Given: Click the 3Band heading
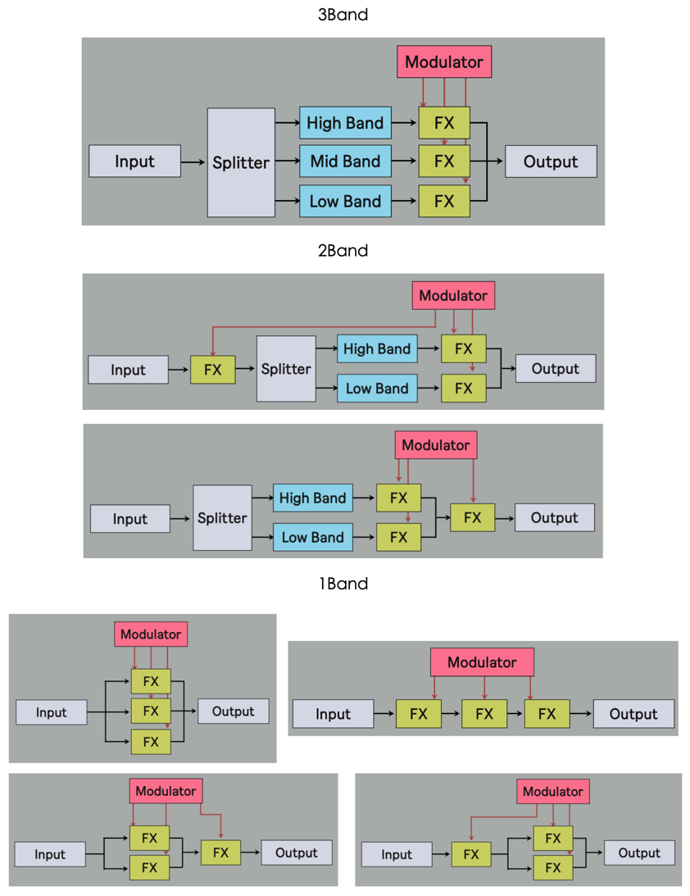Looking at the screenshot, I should point(343,14).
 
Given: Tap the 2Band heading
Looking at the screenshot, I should point(343,250).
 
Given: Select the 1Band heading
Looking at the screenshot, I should point(343,584).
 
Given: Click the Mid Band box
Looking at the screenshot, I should point(345,161).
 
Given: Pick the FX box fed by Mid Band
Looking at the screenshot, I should point(444,161).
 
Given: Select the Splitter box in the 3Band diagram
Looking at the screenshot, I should point(241,162).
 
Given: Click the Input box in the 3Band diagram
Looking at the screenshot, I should point(134,161).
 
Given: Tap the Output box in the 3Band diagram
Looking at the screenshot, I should point(550,161).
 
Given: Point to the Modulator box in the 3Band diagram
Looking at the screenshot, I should point(444,61).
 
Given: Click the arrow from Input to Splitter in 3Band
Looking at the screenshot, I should point(193,162).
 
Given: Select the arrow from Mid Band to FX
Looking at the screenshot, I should point(405,161).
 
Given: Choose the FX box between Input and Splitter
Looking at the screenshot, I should point(212,370).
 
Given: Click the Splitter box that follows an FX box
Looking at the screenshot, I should point(286,369).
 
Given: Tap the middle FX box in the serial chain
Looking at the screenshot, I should point(484,714).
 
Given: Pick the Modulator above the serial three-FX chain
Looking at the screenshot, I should point(482,662).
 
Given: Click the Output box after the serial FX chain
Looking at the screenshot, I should point(633,714).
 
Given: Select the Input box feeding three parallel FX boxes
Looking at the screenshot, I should point(51,712).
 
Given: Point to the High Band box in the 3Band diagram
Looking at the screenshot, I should point(345,123).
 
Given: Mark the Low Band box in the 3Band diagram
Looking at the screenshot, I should point(345,201).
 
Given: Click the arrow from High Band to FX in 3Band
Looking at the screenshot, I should point(405,123).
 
